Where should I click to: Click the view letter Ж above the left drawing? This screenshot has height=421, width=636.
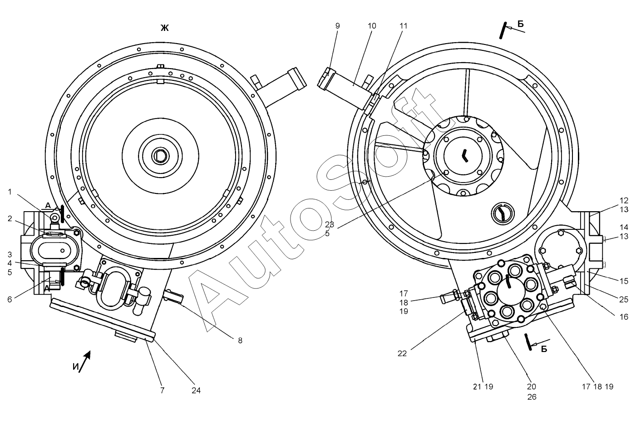pyautogui.click(x=164, y=28)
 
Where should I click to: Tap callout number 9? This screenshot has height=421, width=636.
pyautogui.click(x=337, y=26)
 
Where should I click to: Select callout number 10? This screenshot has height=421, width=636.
pyautogui.click(x=372, y=26)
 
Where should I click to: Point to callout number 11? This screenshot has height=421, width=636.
pyautogui.click(x=403, y=26)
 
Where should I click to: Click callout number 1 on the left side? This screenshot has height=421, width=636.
pyautogui.click(x=10, y=192)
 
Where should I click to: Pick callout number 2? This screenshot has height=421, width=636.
pyautogui.click(x=10, y=218)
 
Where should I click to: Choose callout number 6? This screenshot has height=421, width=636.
pyautogui.click(x=10, y=299)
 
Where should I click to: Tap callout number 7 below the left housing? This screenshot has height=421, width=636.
pyautogui.click(x=162, y=390)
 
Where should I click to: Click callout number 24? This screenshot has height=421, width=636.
pyautogui.click(x=196, y=390)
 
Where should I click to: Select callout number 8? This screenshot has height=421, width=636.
pyautogui.click(x=240, y=340)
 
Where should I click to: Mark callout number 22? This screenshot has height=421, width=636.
pyautogui.click(x=403, y=352)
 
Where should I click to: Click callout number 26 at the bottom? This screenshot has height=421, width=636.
pyautogui.click(x=532, y=396)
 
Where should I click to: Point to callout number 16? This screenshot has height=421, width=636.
pyautogui.click(x=624, y=317)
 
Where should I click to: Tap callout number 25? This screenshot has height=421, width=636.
pyautogui.click(x=624, y=299)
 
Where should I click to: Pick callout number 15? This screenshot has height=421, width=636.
pyautogui.click(x=624, y=281)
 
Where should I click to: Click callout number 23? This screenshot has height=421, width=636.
pyautogui.click(x=330, y=224)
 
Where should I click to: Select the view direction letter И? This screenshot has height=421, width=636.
pyautogui.click(x=75, y=367)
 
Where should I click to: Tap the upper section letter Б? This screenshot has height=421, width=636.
pyautogui.click(x=520, y=24)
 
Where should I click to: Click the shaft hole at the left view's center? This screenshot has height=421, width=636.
pyautogui.click(x=160, y=157)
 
